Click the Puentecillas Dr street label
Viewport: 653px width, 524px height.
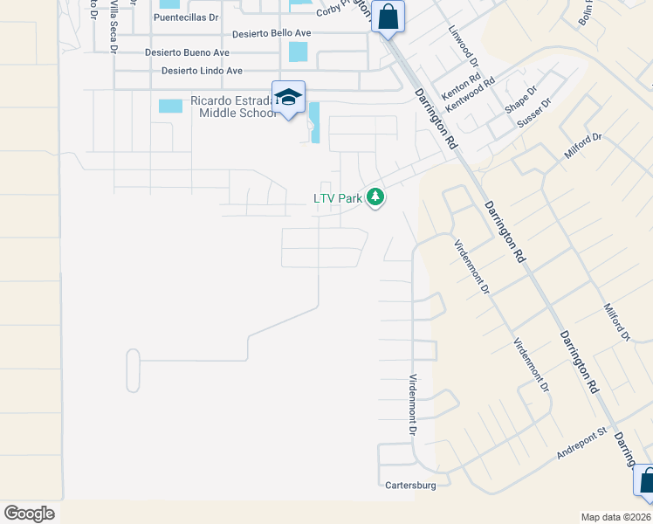click(186, 17)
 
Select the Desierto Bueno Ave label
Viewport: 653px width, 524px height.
click(187, 52)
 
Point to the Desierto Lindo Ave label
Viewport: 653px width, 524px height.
click(202, 71)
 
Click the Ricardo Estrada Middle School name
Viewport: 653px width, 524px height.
click(226, 107)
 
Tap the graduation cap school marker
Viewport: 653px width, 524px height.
click(288, 97)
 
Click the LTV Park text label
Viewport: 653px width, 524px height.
click(338, 198)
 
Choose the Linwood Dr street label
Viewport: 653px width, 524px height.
click(464, 50)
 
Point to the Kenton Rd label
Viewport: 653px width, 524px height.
click(462, 85)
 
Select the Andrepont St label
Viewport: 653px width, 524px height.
click(581, 443)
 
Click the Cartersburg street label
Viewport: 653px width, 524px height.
click(409, 484)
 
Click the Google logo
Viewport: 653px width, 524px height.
click(29, 513)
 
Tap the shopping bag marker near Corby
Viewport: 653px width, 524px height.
click(388, 16)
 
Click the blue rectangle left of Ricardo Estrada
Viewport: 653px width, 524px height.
click(171, 106)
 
